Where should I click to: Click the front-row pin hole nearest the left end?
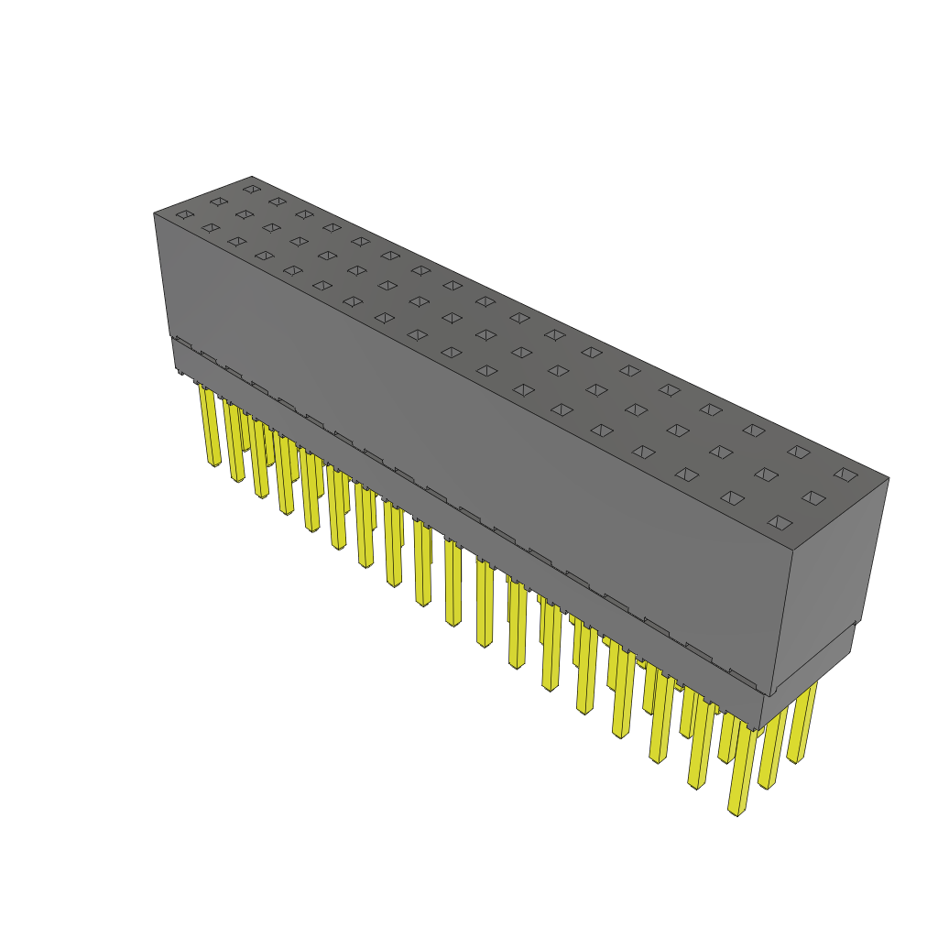185,214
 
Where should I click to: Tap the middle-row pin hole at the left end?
218,202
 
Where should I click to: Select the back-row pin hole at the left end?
251,189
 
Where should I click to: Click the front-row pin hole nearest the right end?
780,522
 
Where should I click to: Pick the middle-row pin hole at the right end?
813,497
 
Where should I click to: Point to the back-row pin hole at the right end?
845,474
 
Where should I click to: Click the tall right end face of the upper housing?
830,577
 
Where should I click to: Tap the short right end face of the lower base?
806,673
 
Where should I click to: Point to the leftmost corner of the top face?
154,213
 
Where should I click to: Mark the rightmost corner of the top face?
889,477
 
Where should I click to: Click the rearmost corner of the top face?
251,176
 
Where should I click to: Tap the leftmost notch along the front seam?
183,343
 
